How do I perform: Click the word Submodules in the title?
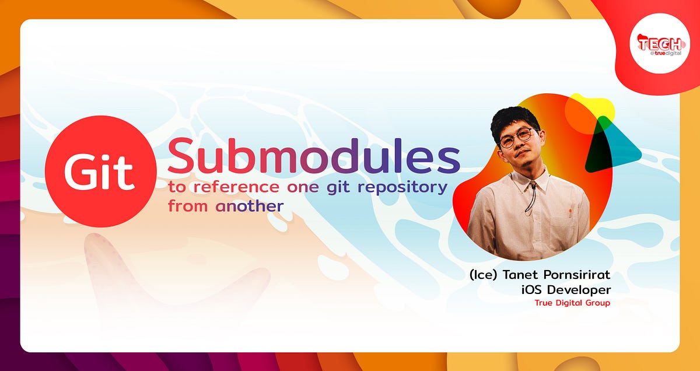tap(314, 156)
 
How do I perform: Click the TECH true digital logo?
tap(659, 44)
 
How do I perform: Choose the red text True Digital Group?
tap(572, 303)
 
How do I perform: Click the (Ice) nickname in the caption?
tap(484, 274)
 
